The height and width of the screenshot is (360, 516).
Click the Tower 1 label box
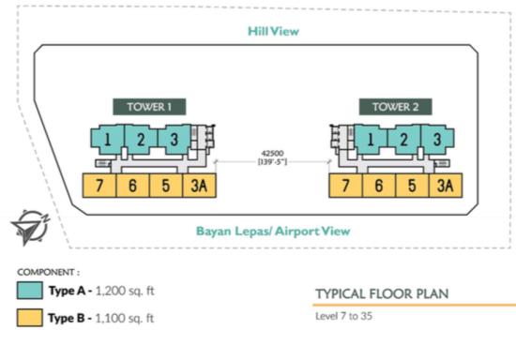(x=149, y=107)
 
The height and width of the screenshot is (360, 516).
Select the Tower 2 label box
(x=396, y=107)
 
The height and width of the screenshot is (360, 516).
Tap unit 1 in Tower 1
(x=108, y=140)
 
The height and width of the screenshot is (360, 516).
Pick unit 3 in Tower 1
(x=175, y=140)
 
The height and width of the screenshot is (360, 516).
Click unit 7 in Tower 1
(x=99, y=186)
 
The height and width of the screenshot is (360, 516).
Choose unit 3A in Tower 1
(x=200, y=186)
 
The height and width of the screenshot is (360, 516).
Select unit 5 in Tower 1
(x=166, y=186)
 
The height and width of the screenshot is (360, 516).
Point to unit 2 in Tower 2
(x=403, y=140)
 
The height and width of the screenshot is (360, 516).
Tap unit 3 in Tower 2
(x=437, y=140)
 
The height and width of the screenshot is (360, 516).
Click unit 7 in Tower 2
(x=345, y=186)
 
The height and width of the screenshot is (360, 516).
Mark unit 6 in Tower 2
(x=379, y=186)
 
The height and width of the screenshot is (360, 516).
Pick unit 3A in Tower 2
(x=446, y=186)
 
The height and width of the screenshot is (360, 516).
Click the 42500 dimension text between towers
(x=272, y=154)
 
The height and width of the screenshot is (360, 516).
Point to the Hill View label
(x=273, y=31)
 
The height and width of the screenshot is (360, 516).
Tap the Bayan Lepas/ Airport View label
(x=273, y=232)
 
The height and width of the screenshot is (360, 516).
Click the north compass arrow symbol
(x=30, y=228)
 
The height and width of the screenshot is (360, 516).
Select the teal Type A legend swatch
(x=30, y=291)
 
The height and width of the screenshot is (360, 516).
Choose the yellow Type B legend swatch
(x=30, y=318)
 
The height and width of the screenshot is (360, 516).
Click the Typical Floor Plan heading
(x=382, y=293)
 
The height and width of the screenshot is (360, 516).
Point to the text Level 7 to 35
(x=344, y=316)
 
